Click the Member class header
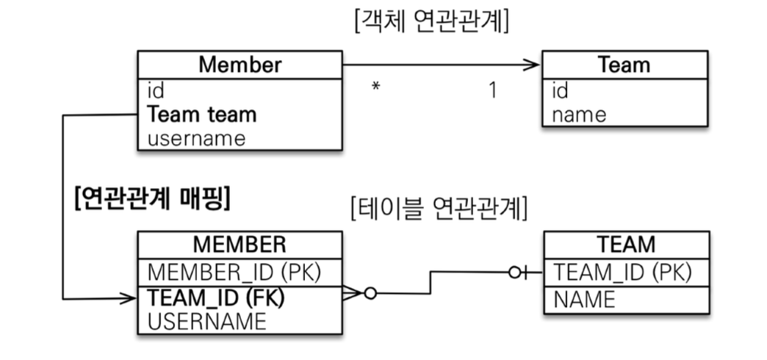coord(240,65)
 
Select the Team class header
coord(624,65)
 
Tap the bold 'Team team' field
coord(202,115)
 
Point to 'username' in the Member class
coord(196,137)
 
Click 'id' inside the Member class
coord(156,91)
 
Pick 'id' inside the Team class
coord(560,91)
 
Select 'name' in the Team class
coord(580,115)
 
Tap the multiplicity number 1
coord(493,90)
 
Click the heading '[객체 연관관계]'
coord(431,21)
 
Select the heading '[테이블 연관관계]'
coord(440,209)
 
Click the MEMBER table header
coord(240,244)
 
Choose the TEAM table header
coord(627,244)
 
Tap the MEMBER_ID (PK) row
coord(235,271)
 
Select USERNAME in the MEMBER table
coord(207,321)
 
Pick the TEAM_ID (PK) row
coord(623,271)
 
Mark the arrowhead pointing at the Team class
coord(533,65)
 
